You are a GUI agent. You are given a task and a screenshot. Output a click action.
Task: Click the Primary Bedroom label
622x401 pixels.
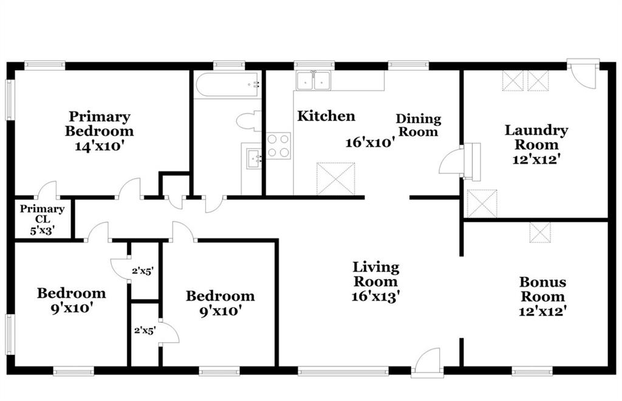click(99, 124)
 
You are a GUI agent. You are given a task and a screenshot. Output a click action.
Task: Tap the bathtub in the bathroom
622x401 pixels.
click(227, 84)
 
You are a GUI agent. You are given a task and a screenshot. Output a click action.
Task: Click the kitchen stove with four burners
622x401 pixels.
click(278, 146)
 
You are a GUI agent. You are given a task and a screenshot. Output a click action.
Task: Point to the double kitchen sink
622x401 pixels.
click(313, 81)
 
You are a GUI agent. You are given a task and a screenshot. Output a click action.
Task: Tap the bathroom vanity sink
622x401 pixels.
click(253, 159)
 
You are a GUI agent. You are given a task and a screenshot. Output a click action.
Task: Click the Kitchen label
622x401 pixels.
click(326, 116)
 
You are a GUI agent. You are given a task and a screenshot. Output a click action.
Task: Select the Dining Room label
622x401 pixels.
click(419, 125)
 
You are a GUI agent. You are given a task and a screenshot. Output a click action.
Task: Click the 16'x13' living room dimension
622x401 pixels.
click(375, 296)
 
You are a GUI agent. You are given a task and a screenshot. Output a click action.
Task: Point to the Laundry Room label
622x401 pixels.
click(536, 137)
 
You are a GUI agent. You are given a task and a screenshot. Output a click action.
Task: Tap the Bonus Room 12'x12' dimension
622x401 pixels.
click(542, 311)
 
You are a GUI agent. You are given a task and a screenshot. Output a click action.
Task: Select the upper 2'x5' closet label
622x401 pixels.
click(143, 272)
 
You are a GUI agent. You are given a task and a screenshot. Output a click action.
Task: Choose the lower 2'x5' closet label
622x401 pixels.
click(145, 330)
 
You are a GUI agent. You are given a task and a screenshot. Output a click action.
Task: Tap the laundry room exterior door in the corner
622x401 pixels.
click(583, 74)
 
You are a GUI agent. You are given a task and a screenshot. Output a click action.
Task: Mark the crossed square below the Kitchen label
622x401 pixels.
click(335, 179)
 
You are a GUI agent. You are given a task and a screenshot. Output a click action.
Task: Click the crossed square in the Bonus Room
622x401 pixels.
click(540, 233)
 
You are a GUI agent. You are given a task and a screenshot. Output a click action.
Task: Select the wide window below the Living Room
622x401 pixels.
click(343, 372)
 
